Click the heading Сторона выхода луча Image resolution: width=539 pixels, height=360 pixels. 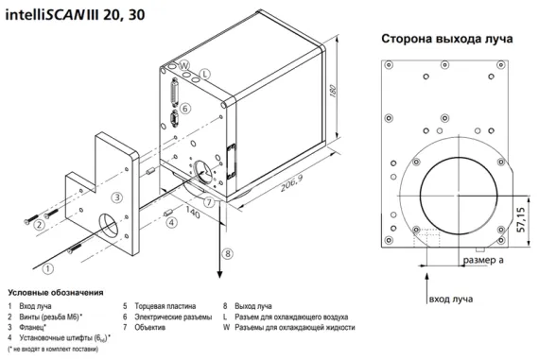tap(446, 40)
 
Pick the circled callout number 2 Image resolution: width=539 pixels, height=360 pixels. tap(39, 224)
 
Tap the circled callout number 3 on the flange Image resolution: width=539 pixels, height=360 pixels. tap(116, 197)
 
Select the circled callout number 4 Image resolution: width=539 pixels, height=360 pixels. tap(170, 222)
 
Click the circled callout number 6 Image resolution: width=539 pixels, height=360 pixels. tap(186, 109)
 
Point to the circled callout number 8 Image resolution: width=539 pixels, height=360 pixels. tap(227, 253)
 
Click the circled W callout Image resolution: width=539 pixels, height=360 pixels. tap(186, 65)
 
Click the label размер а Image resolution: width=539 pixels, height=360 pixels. tap(482, 258)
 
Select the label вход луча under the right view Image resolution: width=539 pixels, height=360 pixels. tap(452, 299)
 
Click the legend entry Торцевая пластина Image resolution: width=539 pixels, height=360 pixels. tap(165, 306)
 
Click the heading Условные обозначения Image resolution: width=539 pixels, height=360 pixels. tap(56, 292)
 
